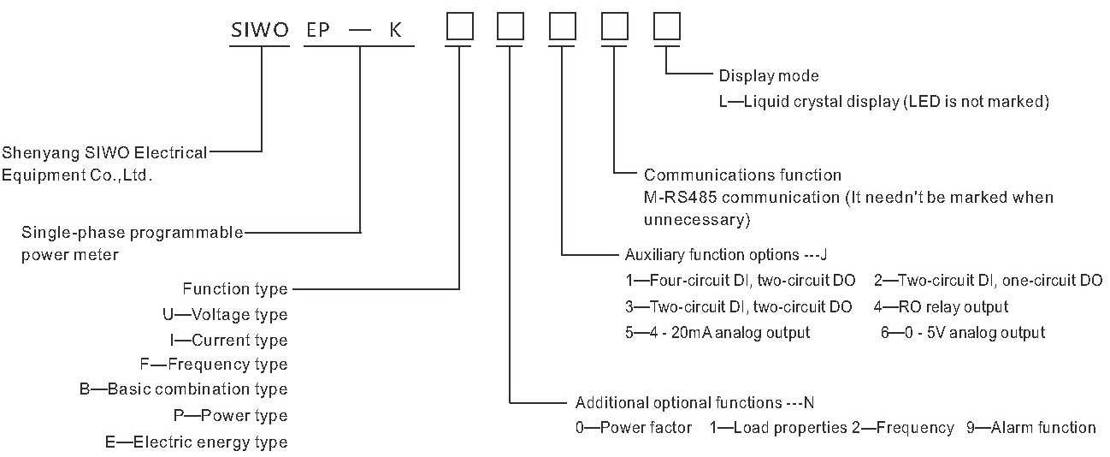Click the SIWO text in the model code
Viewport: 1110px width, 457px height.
261,30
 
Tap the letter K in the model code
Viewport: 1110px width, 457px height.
395,30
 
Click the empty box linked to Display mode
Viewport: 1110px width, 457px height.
666,28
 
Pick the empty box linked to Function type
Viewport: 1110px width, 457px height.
460,28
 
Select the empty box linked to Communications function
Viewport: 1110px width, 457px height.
614,28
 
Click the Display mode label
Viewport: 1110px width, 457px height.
768,76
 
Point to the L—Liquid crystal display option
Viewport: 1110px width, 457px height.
883,102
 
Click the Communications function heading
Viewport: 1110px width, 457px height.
742,175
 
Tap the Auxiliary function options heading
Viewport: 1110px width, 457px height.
727,254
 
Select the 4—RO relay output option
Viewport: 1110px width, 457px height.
941,306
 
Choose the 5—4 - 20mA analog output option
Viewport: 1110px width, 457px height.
717,332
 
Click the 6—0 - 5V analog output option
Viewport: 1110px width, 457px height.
963,332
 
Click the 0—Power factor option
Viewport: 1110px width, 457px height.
634,428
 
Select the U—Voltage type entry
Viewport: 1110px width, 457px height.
225,315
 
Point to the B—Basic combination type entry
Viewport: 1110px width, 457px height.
183,389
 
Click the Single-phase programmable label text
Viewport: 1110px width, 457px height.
133,232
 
